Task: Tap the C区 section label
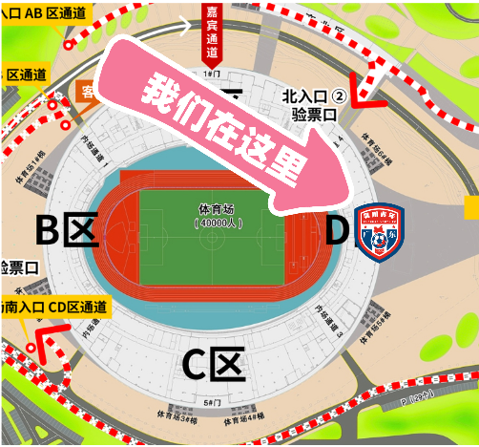click(x=214, y=364)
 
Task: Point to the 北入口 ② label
click(x=313, y=96)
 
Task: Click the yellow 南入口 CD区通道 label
click(x=55, y=307)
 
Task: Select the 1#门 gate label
click(x=213, y=73)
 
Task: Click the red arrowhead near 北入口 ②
click(x=360, y=96)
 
